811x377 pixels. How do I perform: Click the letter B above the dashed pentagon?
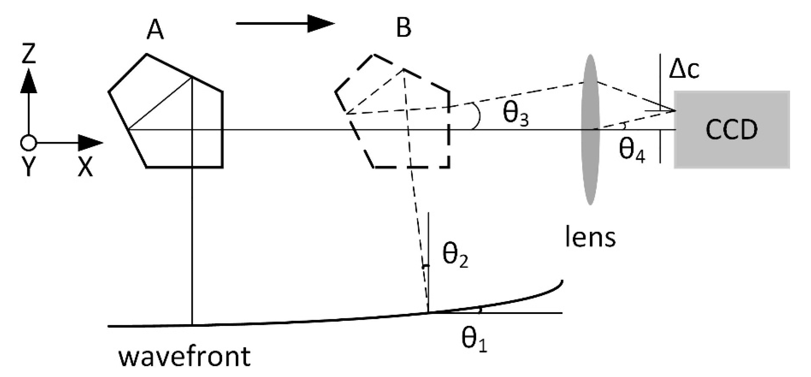coord(403,28)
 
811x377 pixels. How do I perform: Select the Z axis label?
coord(28,53)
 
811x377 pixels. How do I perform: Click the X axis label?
coord(85,167)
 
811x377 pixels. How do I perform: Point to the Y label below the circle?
coord(28,167)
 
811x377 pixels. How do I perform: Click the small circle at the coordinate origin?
coord(28,143)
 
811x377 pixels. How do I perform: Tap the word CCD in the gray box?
coord(732,130)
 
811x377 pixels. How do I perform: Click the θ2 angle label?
coord(455,257)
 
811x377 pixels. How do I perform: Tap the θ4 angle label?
coord(632,152)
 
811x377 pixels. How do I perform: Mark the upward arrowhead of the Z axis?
coord(28,81)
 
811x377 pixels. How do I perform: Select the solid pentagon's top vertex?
coord(146,54)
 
